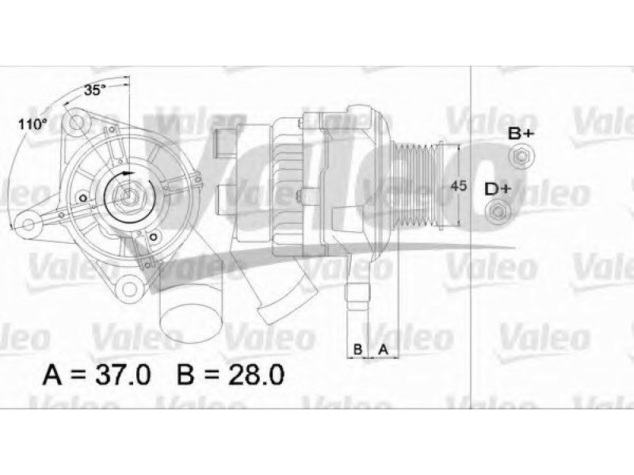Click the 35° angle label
(x=94, y=90)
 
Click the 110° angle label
(x=32, y=124)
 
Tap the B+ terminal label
(x=521, y=133)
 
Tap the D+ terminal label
(x=498, y=189)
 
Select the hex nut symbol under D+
(x=498, y=211)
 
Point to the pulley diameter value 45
(x=458, y=186)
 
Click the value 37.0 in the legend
(x=123, y=374)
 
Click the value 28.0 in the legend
(x=256, y=374)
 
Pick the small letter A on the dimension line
(x=383, y=348)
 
